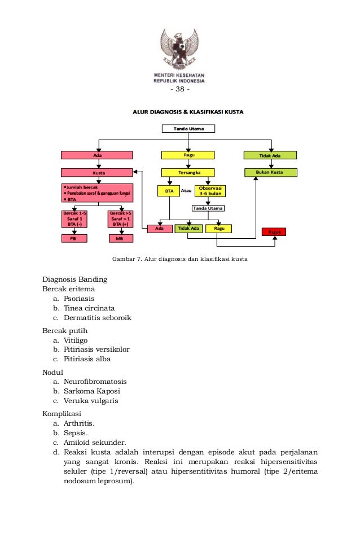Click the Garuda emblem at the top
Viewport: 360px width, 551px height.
coord(179,49)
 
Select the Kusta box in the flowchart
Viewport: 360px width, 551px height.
coord(98,172)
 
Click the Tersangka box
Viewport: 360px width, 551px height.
coord(188,172)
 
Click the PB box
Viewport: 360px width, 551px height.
coord(73,239)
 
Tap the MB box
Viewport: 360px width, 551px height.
coord(120,239)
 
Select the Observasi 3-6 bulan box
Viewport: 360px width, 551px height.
coord(210,191)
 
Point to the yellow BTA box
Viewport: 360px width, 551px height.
coord(169,191)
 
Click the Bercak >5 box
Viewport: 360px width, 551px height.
coord(120,218)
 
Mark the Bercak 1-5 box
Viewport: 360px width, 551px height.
coord(74,218)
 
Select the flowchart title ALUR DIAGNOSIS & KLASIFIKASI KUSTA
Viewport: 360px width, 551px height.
coord(188,112)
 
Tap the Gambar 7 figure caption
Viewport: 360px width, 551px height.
coord(180,260)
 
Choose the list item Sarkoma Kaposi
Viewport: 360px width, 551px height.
coord(91,391)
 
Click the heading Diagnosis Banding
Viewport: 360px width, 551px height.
coord(75,279)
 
